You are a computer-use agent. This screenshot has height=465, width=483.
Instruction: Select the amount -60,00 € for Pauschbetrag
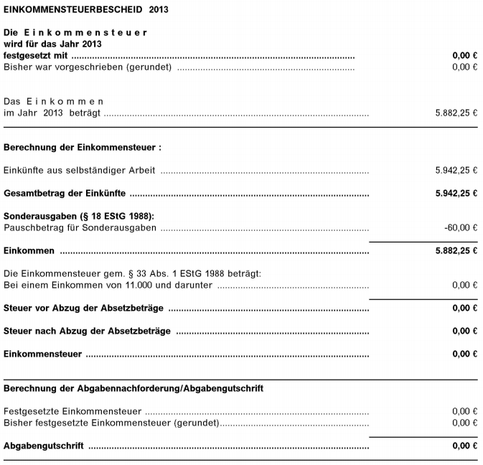(x=460, y=227)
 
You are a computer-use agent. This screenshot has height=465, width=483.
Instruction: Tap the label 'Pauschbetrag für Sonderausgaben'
(x=80, y=227)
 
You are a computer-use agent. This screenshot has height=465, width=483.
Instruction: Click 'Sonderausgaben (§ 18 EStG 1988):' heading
(x=79, y=217)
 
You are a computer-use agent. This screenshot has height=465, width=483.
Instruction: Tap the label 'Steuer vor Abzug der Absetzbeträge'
(x=83, y=309)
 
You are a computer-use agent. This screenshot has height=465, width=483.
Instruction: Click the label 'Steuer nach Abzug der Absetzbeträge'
(x=87, y=332)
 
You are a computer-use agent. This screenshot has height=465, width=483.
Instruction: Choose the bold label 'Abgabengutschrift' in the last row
(x=43, y=446)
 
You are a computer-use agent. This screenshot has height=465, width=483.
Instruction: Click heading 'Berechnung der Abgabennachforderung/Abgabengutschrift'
(x=133, y=389)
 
